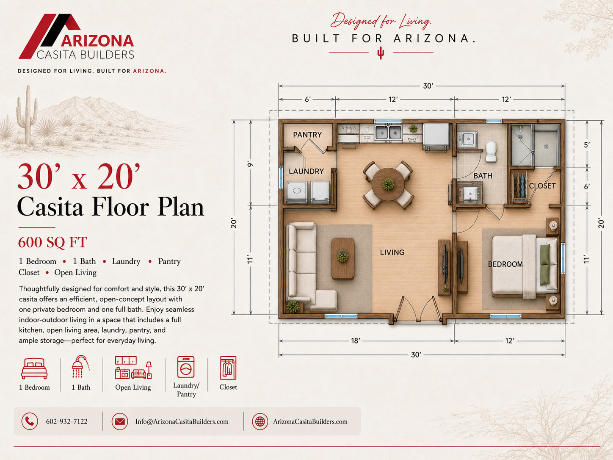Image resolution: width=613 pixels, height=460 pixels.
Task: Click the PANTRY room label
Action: point(307,135)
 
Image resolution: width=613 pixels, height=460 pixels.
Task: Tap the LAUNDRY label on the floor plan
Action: point(306,171)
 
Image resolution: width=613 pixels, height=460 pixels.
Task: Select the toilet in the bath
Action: point(491,151)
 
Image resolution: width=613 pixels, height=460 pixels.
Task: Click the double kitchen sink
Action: point(388,133)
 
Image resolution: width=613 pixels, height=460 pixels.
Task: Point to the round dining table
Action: point(388,184)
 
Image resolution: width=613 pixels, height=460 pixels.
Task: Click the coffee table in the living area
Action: point(343,259)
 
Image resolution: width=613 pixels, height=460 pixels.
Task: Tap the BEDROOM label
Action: point(505,264)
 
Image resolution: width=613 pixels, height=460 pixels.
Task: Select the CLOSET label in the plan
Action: point(542,186)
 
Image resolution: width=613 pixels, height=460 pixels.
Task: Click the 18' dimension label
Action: point(356,341)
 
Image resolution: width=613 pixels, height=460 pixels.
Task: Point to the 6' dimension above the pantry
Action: point(307,100)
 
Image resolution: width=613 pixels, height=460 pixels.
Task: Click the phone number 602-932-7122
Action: point(67,421)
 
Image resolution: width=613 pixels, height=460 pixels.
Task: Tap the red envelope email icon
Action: point(120,421)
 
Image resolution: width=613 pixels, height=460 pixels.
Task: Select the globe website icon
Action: point(260,421)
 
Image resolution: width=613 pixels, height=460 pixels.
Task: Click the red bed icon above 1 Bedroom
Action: point(34,369)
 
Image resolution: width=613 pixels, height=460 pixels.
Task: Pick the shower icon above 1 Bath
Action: point(81,366)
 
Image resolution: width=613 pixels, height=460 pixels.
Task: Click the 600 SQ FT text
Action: point(52,242)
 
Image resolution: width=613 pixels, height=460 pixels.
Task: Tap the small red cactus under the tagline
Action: point(380,53)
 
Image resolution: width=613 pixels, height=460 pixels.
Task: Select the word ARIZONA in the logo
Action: point(97,41)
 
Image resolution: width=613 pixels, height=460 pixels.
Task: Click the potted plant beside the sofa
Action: point(293,307)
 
